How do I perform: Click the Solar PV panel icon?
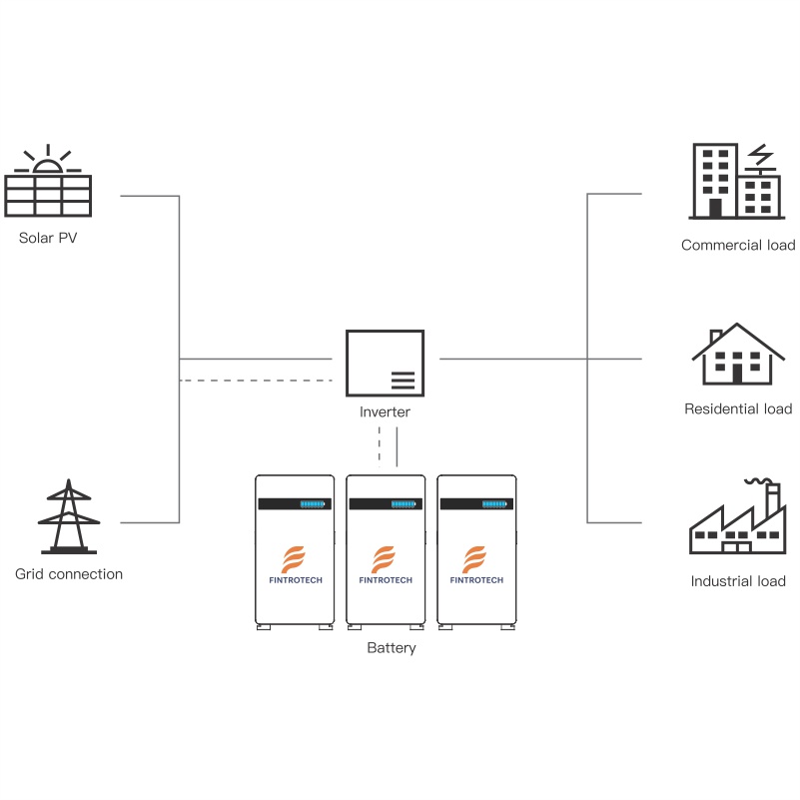click(48, 195)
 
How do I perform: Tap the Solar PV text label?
click(48, 239)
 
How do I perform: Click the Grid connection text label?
click(69, 574)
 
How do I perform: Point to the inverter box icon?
click(384, 363)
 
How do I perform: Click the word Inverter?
click(385, 411)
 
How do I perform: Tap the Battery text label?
click(392, 648)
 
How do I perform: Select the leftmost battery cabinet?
click(294, 551)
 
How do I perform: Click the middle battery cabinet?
click(385, 551)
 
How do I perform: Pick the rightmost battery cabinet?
click(476, 551)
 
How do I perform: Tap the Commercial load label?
click(738, 245)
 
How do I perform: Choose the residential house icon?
click(738, 355)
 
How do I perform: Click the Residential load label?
click(738, 408)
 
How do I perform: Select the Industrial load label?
click(738, 581)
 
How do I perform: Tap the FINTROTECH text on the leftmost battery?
click(294, 580)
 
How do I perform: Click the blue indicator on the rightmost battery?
click(496, 504)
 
